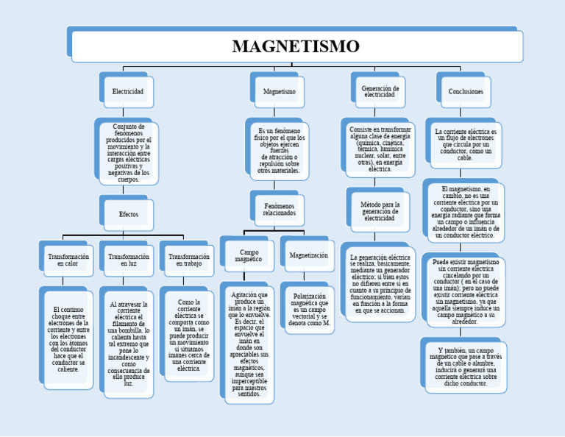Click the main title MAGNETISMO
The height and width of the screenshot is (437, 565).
tap(296, 46)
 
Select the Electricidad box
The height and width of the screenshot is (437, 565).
tap(127, 91)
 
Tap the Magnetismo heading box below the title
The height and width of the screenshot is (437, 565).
tap(279, 91)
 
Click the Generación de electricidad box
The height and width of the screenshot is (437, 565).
tap(380, 91)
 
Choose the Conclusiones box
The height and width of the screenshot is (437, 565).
tap(466, 91)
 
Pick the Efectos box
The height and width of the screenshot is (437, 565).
tap(128, 214)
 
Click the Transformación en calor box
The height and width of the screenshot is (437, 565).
tap(68, 260)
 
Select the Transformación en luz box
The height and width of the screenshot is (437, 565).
tap(129, 260)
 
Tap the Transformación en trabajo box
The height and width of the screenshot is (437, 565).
tap(189, 260)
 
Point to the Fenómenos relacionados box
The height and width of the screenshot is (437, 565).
tap(279, 210)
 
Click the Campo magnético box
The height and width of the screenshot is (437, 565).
tap(249, 255)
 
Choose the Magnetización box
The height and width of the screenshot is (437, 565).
tap(309, 255)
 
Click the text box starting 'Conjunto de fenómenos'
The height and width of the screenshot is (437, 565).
tap(128, 152)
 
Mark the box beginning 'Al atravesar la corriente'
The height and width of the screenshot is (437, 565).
tap(129, 344)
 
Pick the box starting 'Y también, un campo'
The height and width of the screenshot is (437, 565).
tap(465, 367)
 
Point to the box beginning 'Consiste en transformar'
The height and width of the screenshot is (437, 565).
tap(380, 149)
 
